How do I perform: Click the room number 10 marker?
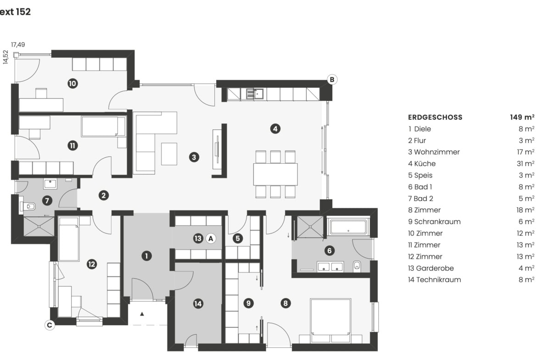pyautogui.click(x=73, y=83)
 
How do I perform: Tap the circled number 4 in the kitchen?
pyautogui.click(x=275, y=129)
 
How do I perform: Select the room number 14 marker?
pyautogui.click(x=198, y=304)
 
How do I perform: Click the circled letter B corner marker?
pyautogui.click(x=332, y=79)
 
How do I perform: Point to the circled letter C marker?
pyautogui.click(x=50, y=325)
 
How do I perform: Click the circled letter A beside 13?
pyautogui.click(x=211, y=238)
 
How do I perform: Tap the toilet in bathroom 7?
pyautogui.click(x=28, y=206)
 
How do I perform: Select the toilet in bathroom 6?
pyautogui.click(x=357, y=266)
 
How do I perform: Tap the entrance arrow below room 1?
pyautogui.click(x=142, y=314)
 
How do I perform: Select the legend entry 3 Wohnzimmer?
pyautogui.click(x=434, y=152)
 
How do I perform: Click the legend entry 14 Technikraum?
pyautogui.click(x=434, y=280)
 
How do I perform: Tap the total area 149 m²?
pyautogui.click(x=522, y=117)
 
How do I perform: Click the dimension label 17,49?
pyautogui.click(x=18, y=44)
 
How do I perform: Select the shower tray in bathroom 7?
pyautogui.click(x=39, y=226)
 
